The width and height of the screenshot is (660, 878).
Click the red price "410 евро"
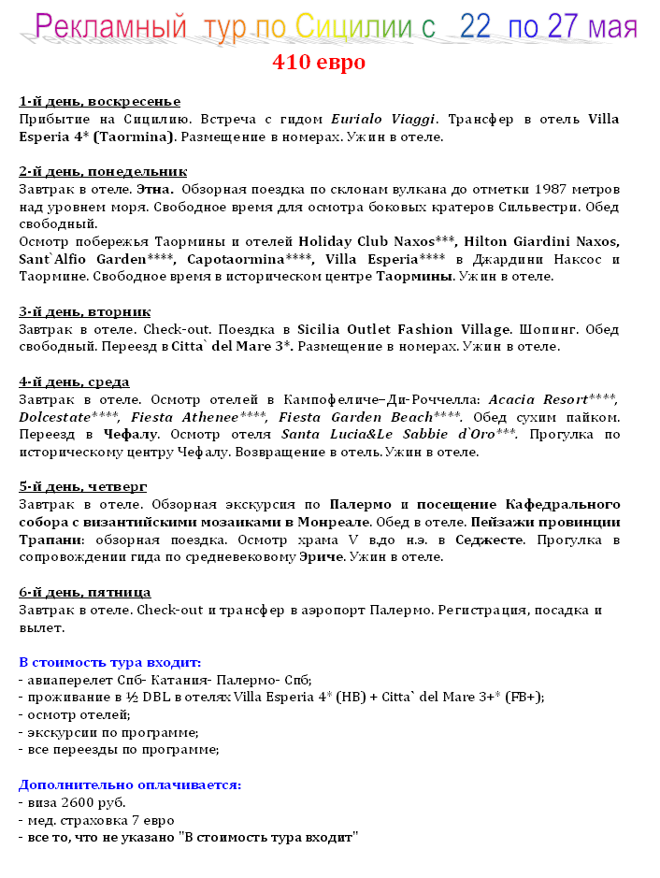pyautogui.click(x=319, y=63)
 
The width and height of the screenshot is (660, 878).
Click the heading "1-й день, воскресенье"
pyautogui.click(x=99, y=101)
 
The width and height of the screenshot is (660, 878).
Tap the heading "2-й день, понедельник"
pyautogui.click(x=103, y=171)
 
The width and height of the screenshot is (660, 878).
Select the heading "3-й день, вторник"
pyautogui.click(x=85, y=311)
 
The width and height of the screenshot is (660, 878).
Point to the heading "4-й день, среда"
pyautogui.click(x=74, y=381)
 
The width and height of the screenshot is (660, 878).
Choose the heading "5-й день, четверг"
pyautogui.click(x=82, y=486)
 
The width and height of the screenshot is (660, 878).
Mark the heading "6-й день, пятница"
pyautogui.click(x=85, y=592)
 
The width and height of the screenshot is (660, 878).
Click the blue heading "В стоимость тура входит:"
pyautogui.click(x=109, y=662)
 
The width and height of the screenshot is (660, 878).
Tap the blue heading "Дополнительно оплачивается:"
pyautogui.click(x=130, y=784)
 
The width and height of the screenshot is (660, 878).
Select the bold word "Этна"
pyautogui.click(x=143, y=189)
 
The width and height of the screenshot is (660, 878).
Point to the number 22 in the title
pyautogui.click(x=474, y=27)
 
